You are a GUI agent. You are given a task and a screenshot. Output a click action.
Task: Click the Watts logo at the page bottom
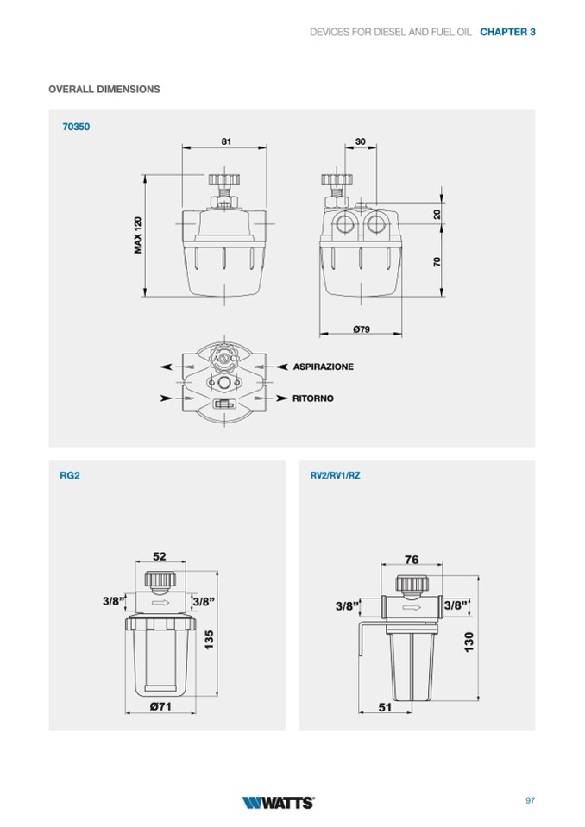tap(278, 802)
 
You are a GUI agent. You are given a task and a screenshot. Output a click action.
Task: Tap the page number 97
tap(530, 800)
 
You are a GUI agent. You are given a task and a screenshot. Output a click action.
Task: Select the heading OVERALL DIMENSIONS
tap(104, 89)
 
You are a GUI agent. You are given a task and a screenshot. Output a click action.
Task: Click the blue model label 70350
tap(76, 127)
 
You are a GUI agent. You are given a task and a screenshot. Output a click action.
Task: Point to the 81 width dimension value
tap(226, 141)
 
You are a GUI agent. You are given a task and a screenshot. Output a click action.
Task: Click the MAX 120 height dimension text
tap(138, 235)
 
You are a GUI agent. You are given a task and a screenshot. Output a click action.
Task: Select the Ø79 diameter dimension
tap(362, 329)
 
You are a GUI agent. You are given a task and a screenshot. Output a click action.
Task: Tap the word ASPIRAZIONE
tap(324, 367)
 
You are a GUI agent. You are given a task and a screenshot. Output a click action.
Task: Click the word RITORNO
tap(313, 398)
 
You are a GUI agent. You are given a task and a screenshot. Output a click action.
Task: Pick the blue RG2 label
tap(70, 475)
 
